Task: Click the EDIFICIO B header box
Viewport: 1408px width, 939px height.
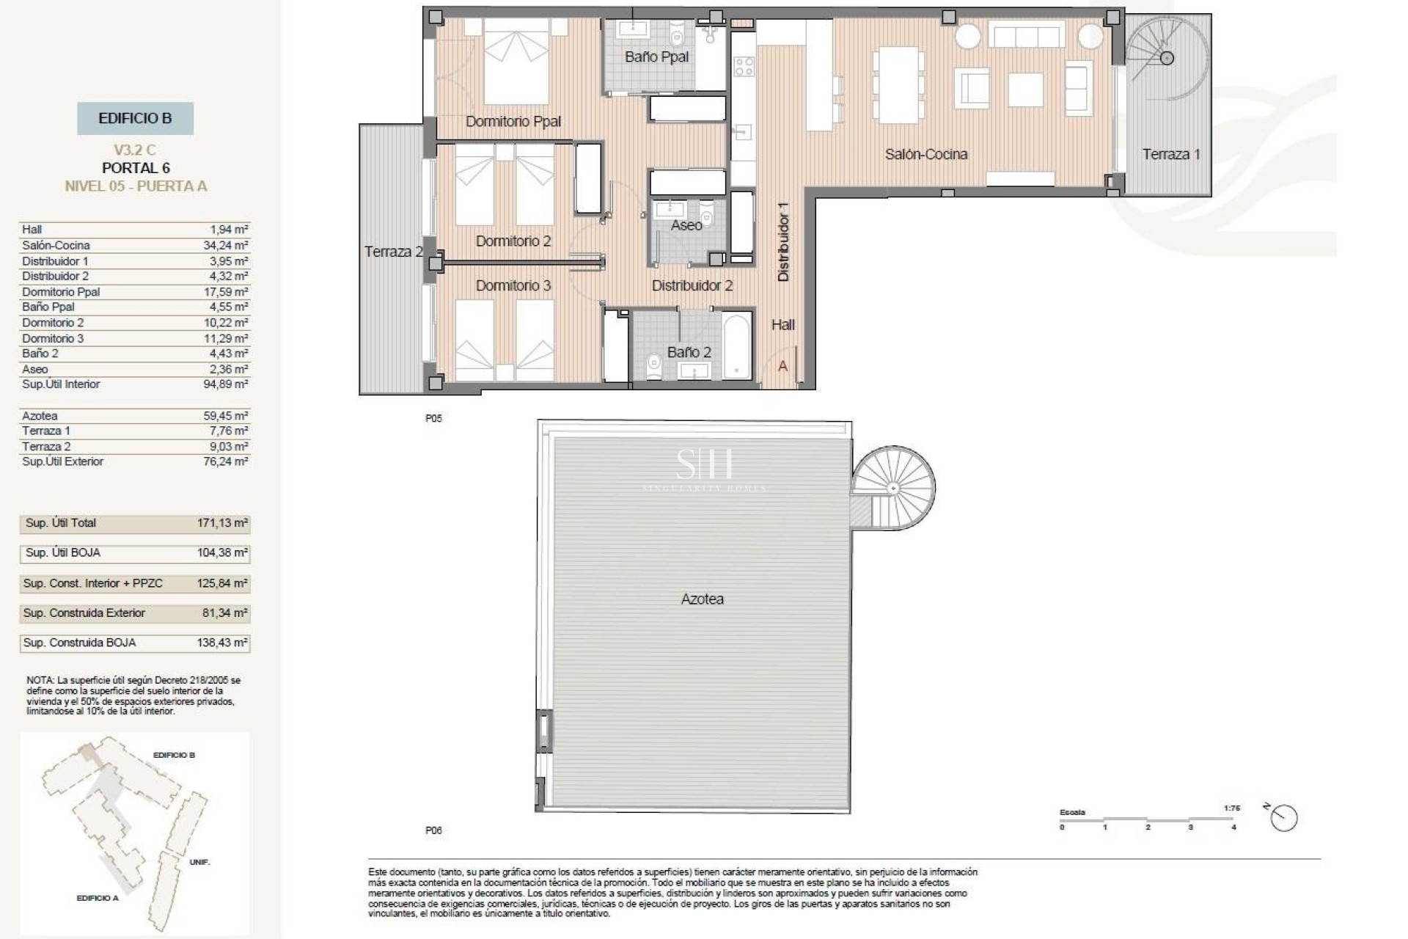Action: (135, 118)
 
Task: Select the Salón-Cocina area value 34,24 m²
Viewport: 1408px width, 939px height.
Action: (226, 245)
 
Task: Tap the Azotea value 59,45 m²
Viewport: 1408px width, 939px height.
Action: (226, 415)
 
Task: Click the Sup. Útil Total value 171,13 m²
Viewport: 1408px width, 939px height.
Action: (223, 523)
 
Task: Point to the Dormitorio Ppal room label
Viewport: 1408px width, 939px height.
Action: (513, 122)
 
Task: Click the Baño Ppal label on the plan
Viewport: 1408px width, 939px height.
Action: (656, 57)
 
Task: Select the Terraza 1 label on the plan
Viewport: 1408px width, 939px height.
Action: (1170, 154)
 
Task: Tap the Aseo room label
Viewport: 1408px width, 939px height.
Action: (686, 225)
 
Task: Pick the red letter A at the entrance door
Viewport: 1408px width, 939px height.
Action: (782, 366)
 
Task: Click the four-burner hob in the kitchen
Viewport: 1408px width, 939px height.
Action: (744, 66)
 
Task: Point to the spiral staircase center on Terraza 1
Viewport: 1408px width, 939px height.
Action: (1167, 58)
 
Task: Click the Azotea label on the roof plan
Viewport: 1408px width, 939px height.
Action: (702, 599)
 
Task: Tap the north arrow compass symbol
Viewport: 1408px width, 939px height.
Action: (1284, 817)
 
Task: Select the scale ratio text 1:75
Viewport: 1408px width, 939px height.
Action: (1232, 808)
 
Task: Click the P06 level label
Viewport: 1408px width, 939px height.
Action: (433, 830)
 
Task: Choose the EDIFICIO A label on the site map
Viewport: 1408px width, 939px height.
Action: (98, 898)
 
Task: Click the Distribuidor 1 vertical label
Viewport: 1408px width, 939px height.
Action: (783, 242)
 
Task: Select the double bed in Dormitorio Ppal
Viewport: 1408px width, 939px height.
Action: (516, 62)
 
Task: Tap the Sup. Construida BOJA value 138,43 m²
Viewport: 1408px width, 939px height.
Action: (223, 643)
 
